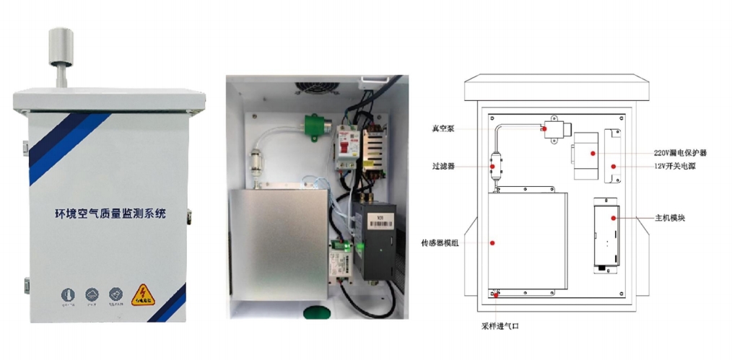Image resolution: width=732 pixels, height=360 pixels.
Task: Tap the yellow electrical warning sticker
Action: (141, 294)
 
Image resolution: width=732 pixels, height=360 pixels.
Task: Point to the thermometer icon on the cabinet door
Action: (66, 295)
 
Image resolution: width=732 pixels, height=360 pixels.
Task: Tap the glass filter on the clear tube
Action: (256, 159)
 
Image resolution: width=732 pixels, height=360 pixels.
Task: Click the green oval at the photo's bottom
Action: (318, 311)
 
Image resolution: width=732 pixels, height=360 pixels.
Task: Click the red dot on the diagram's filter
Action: (493, 167)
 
